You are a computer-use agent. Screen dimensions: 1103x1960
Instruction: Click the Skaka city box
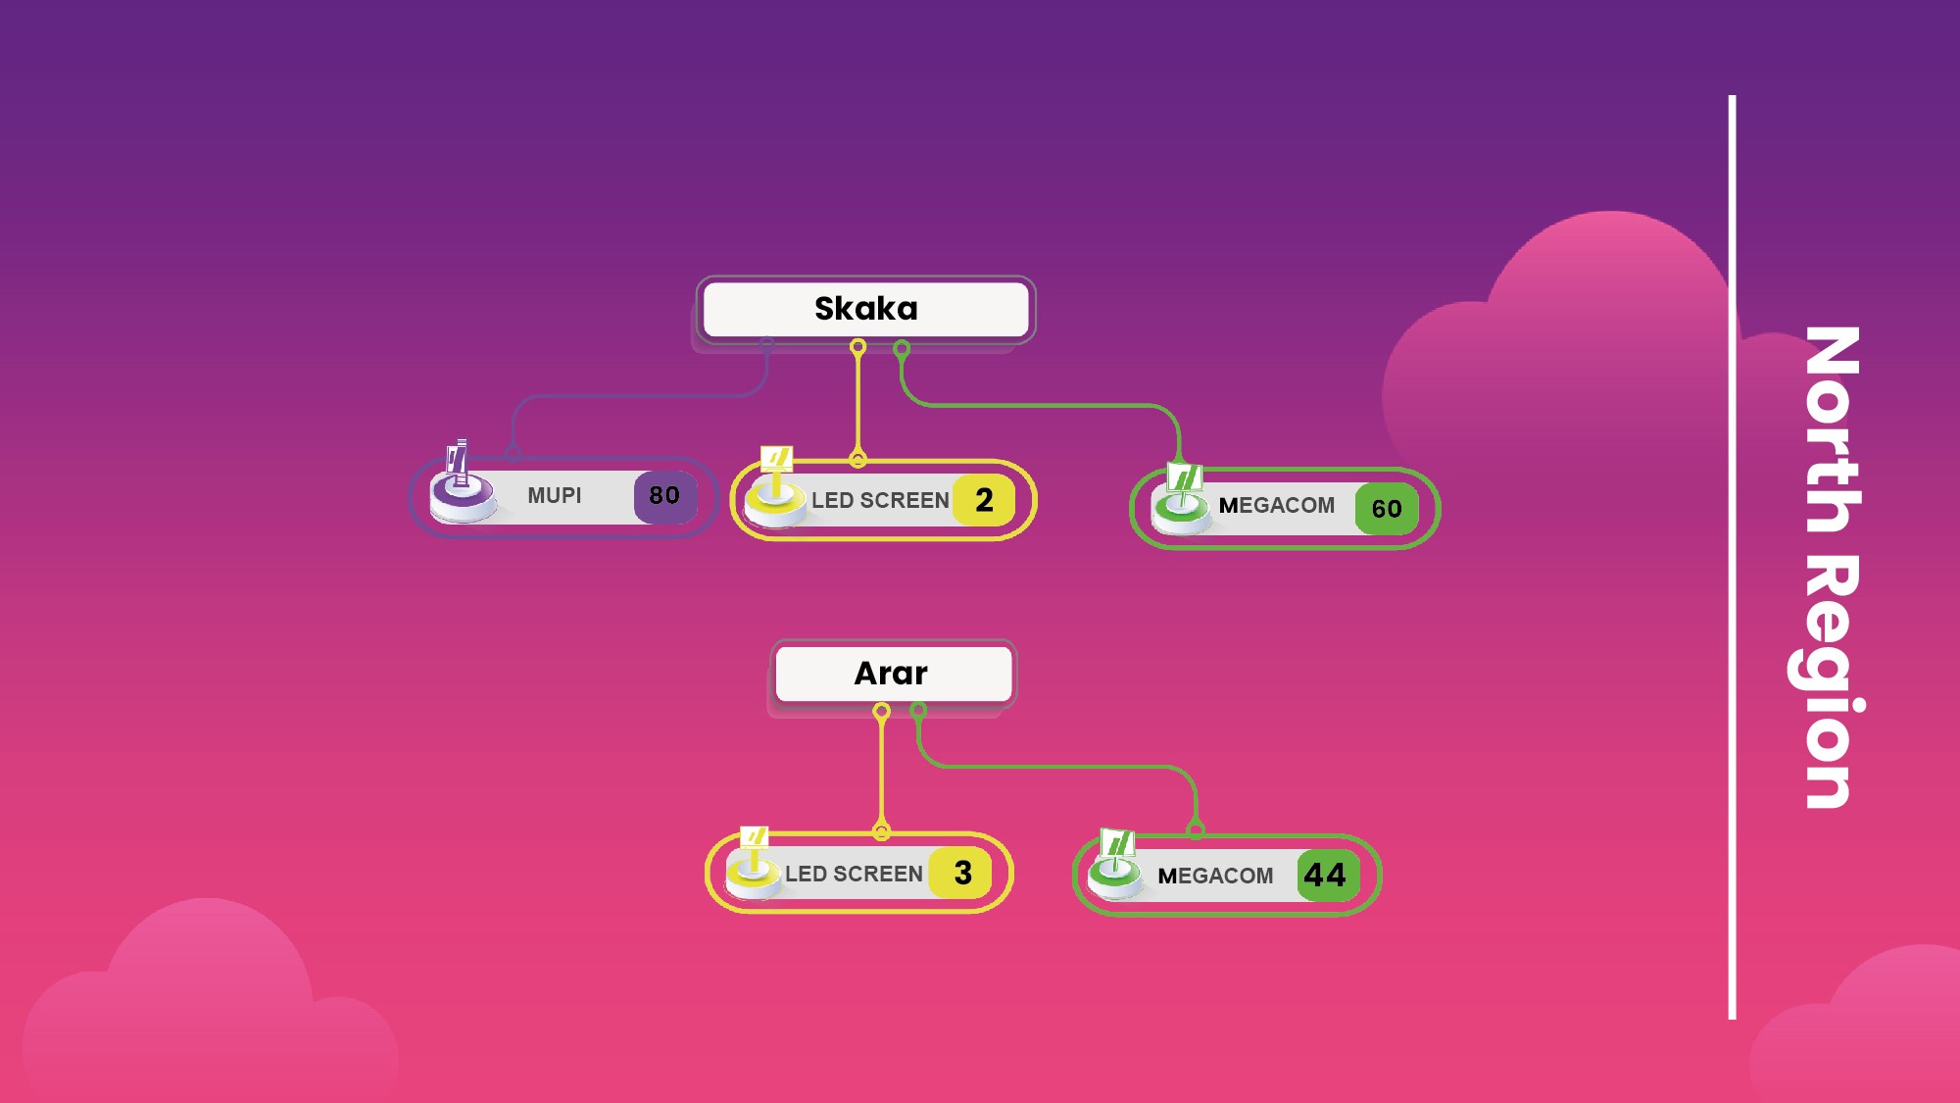click(865, 309)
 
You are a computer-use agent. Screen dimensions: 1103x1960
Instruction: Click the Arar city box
click(892, 674)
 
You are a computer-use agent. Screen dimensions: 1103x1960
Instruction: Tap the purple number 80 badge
click(664, 496)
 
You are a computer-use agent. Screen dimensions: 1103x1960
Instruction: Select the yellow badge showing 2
click(984, 501)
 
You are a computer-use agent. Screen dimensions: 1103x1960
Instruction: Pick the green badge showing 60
click(1386, 509)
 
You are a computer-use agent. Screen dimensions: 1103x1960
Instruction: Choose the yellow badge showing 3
click(962, 873)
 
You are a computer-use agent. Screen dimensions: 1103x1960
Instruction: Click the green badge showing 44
click(1326, 875)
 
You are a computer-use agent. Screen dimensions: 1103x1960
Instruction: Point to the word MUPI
click(555, 496)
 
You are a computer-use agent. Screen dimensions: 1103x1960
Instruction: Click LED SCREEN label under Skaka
click(880, 501)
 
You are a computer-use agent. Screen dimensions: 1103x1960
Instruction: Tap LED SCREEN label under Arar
click(854, 874)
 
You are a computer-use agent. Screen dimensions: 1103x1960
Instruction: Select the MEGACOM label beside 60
click(1276, 506)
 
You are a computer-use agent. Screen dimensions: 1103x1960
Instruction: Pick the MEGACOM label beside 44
click(1215, 876)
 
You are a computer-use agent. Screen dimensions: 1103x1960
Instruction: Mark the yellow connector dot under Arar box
click(881, 711)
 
